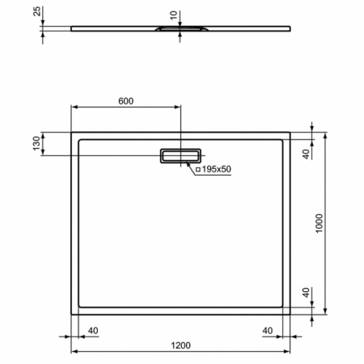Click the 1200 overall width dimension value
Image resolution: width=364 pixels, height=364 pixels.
(x=180, y=345)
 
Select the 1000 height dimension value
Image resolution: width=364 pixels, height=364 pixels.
(x=319, y=222)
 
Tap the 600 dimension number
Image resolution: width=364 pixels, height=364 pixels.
(x=125, y=101)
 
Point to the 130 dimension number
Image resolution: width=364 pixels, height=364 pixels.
(x=36, y=144)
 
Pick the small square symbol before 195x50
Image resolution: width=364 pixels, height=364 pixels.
(x=198, y=169)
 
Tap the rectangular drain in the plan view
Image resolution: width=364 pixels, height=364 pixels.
(x=181, y=155)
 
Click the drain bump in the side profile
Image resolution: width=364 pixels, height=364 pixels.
(x=180, y=30)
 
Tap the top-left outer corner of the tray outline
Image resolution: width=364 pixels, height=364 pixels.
(x=71, y=132)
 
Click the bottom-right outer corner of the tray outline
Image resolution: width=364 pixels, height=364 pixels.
(x=290, y=314)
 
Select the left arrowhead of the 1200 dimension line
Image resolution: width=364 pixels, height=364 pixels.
(x=74, y=352)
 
